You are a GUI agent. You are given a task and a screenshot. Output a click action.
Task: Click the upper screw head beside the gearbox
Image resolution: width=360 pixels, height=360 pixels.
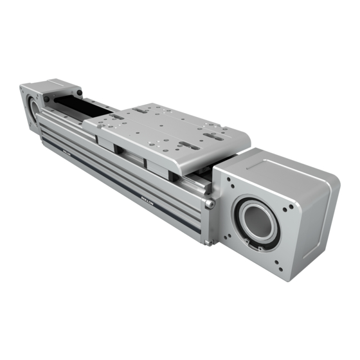point(210,204)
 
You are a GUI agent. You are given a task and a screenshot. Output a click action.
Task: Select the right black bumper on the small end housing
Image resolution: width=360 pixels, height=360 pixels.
point(78,93)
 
